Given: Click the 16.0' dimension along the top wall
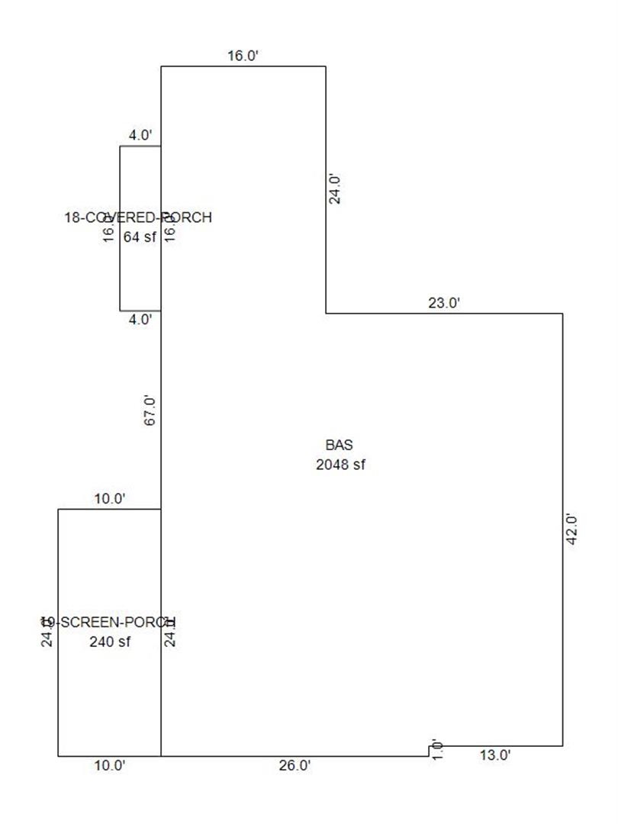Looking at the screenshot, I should [243, 56].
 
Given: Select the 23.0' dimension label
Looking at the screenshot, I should [444, 303].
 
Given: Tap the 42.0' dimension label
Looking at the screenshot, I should [572, 528].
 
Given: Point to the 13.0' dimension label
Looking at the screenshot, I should [494, 756].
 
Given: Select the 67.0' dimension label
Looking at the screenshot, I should [150, 410].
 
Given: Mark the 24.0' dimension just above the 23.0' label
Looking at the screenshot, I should [334, 188].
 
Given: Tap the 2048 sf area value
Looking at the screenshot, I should [340, 465].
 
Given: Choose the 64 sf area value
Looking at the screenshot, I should [139, 237].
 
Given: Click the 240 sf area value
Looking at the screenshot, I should [110, 642].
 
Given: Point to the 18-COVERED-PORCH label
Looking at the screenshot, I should [138, 218].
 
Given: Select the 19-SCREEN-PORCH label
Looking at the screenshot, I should [108, 622].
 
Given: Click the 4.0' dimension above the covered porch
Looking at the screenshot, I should [140, 136].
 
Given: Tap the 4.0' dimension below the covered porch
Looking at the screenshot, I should [140, 320].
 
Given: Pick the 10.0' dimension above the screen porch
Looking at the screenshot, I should [109, 499].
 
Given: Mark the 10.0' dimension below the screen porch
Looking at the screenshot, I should [109, 766].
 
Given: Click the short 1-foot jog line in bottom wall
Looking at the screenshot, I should [429, 751].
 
